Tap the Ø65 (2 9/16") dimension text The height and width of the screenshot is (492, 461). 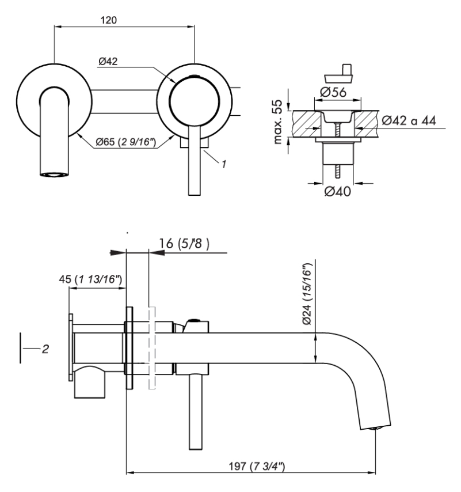(x=124, y=140)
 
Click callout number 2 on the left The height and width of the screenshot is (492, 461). (x=45, y=349)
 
